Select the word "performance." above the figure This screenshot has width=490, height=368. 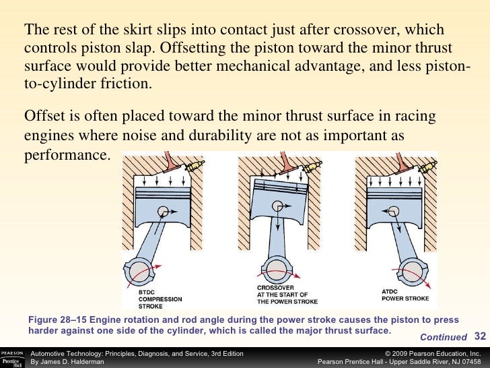(67, 155)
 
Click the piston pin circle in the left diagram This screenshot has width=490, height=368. (163, 212)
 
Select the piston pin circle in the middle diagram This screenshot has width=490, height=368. (277, 206)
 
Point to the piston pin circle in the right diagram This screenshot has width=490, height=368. (394, 212)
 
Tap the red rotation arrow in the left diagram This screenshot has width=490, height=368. (143, 274)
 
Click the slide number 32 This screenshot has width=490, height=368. (480, 336)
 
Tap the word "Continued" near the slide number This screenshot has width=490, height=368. (444, 337)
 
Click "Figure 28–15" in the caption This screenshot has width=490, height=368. (57, 319)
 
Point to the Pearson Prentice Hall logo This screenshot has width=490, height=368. (13, 359)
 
